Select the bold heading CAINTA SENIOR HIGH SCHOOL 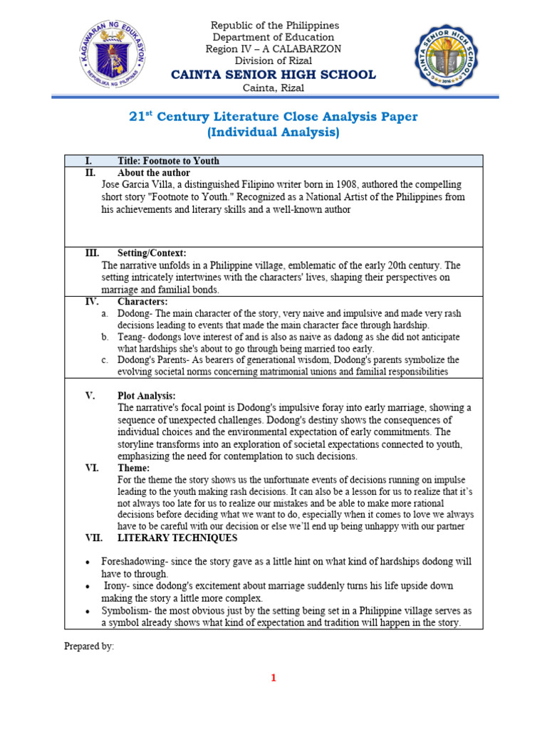pyautogui.click(x=273, y=75)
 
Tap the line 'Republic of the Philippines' pyautogui.click(x=273, y=26)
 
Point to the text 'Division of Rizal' pyautogui.click(x=273, y=61)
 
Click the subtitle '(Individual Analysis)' pyautogui.click(x=273, y=132)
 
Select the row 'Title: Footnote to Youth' pyautogui.click(x=168, y=161)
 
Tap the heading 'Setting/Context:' pyautogui.click(x=152, y=253)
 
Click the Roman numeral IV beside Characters pyautogui.click(x=92, y=301)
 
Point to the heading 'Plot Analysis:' pyautogui.click(x=146, y=396)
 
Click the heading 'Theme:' pyautogui.click(x=133, y=468)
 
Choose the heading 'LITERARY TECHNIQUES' pyautogui.click(x=177, y=537)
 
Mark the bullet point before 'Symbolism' pyautogui.click(x=87, y=612)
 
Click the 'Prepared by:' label pyautogui.click(x=89, y=646)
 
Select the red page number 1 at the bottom pyautogui.click(x=273, y=678)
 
